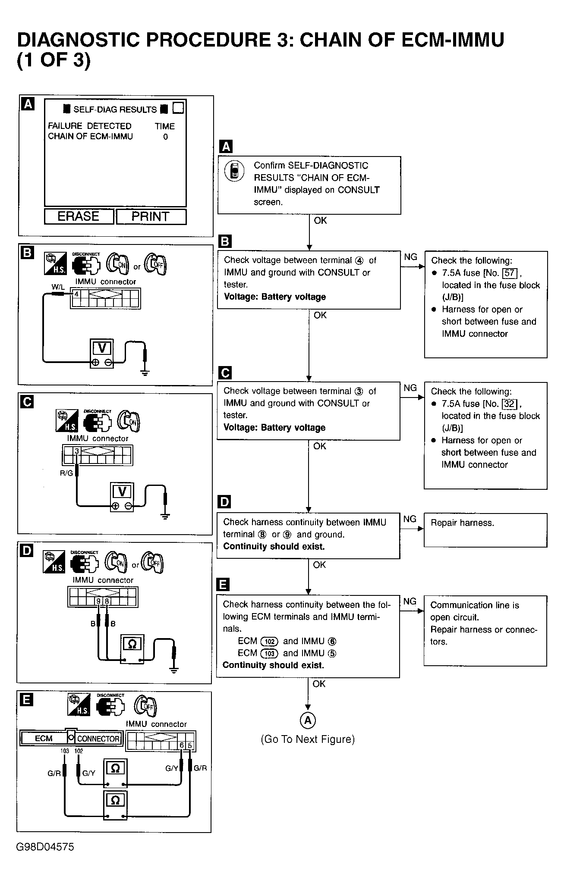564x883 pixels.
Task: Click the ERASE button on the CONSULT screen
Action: coord(79,216)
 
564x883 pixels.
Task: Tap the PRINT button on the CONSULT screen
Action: coord(151,216)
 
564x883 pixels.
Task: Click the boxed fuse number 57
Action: coord(510,273)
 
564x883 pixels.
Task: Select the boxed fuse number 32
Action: coord(510,404)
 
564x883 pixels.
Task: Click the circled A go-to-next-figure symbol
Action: coord(308,720)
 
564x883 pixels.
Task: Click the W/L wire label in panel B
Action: coord(58,287)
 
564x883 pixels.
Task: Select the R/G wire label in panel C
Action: coord(66,473)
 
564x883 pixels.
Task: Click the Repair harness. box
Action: coord(485,530)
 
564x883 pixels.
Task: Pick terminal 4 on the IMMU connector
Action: coord(76,294)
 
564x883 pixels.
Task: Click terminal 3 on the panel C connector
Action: coord(77,451)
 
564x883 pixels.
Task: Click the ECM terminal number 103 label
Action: coord(65,751)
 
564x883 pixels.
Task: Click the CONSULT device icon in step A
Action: coord(234,171)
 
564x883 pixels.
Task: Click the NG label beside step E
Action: coord(410,601)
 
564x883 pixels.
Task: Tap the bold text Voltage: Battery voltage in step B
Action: coord(275,297)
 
